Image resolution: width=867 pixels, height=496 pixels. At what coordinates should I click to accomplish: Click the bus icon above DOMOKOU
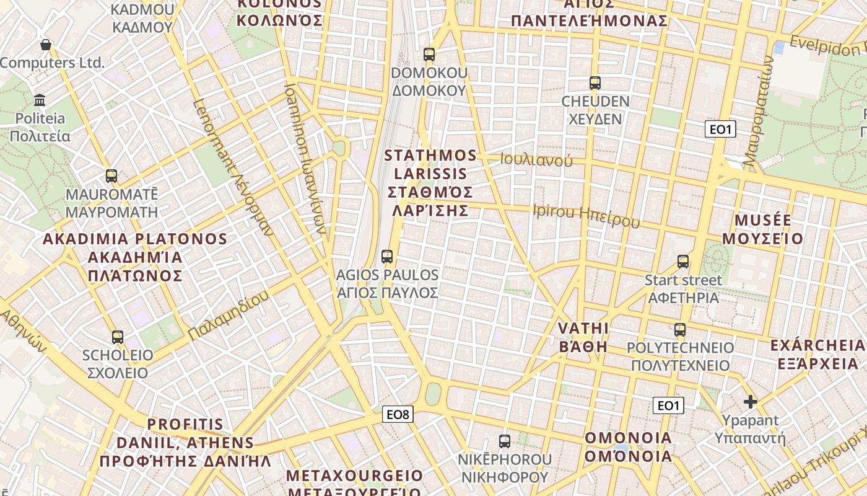[x=429, y=54]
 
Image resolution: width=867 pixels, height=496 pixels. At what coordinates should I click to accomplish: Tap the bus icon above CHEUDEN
[x=595, y=82]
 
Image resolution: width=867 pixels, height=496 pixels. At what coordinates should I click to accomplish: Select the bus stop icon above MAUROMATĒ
[x=111, y=176]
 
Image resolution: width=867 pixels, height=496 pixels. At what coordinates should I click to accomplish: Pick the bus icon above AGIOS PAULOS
[x=387, y=256]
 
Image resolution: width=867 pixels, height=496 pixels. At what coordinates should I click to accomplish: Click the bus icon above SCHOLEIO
[x=118, y=337]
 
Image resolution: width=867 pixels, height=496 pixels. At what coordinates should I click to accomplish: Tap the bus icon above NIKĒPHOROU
[x=505, y=441]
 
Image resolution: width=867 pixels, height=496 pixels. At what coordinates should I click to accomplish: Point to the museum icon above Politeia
[x=40, y=100]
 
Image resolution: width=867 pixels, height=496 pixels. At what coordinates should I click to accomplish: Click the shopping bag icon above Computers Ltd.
[x=45, y=45]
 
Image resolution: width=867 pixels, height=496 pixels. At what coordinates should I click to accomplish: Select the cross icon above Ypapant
[x=751, y=402]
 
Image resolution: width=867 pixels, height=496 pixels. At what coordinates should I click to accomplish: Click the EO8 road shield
[x=397, y=414]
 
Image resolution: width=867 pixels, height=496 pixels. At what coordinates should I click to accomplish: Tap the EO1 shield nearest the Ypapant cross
[x=668, y=405]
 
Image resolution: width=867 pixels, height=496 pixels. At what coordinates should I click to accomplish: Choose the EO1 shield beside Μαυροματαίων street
[x=720, y=130]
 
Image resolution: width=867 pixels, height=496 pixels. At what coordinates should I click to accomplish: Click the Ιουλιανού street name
[x=536, y=160]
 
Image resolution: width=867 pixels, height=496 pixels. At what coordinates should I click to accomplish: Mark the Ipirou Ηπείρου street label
[x=586, y=215]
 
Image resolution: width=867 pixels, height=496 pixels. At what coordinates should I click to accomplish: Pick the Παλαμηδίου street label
[x=229, y=315]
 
